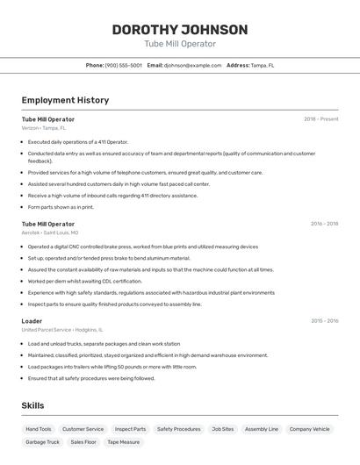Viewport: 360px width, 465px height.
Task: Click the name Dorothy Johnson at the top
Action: [x=180, y=29]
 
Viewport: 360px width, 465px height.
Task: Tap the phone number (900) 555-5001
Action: [x=123, y=65]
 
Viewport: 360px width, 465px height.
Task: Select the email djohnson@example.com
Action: [x=192, y=65]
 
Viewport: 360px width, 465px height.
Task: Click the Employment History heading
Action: [x=65, y=100]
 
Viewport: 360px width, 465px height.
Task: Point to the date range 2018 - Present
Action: [x=320, y=118]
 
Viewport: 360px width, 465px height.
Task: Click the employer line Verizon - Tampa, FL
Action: [x=44, y=128]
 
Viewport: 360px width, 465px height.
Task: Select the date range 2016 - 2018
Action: [x=324, y=224]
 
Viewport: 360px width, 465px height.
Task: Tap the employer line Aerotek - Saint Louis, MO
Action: [x=50, y=232]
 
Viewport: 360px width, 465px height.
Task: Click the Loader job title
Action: [x=32, y=321]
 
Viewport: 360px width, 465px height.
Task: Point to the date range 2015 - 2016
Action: [x=324, y=321]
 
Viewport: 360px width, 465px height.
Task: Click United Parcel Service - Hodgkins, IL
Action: [x=61, y=330]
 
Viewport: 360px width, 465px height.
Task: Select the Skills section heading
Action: [x=32, y=405]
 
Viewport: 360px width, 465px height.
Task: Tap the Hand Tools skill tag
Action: [x=39, y=429]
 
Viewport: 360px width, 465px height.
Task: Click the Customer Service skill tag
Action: [x=83, y=429]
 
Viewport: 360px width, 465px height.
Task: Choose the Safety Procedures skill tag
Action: [x=178, y=429]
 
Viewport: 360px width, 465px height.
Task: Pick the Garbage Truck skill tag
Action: [x=42, y=442]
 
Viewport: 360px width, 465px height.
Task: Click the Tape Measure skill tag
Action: [x=124, y=442]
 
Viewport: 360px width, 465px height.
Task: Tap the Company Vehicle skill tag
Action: [x=310, y=429]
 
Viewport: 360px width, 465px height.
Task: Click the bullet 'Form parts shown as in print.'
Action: [x=61, y=207]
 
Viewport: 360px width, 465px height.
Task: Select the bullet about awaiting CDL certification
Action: [x=84, y=282]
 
